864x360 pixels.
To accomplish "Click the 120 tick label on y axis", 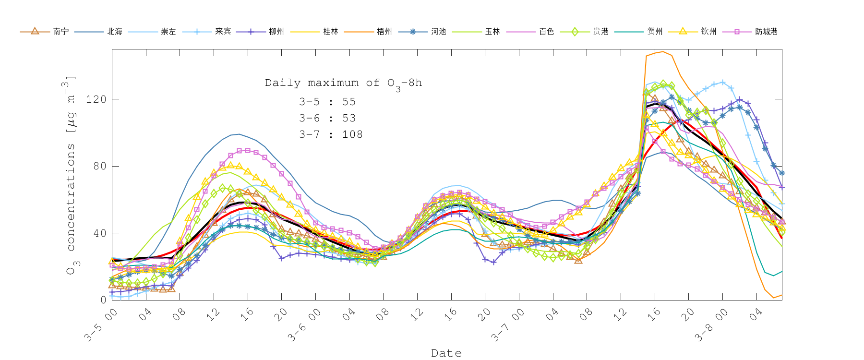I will click(96, 99).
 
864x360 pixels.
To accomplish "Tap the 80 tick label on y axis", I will click(99, 166).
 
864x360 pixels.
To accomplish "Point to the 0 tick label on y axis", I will click(103, 300).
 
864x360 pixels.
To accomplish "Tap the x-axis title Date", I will click(446, 353).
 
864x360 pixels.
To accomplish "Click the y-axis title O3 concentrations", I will click(71, 175).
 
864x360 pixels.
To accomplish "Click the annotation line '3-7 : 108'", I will click(331, 135).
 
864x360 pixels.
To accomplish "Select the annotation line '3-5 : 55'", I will click(327, 102).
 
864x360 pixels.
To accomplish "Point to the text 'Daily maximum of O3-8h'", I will click(343, 84).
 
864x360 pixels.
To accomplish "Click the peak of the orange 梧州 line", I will click(663, 51).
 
